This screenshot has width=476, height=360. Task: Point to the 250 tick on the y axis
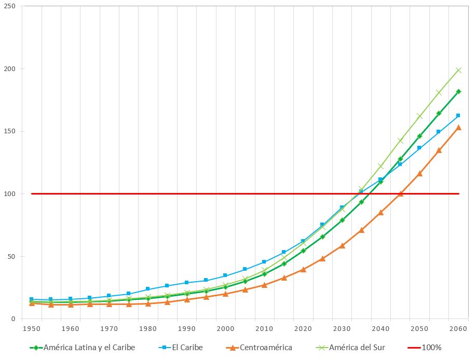9,6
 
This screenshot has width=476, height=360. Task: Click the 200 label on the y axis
9,69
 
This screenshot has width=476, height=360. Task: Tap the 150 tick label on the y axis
9,131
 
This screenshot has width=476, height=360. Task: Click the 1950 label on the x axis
32,328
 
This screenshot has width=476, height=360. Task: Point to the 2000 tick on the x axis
225,328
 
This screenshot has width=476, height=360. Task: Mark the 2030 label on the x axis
342,328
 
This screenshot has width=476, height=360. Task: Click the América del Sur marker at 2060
458,70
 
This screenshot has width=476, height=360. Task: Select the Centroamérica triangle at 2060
458,127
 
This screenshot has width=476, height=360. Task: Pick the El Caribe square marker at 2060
458,115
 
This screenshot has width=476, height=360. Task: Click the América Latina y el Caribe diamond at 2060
458,91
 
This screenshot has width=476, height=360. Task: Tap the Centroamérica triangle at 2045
400,193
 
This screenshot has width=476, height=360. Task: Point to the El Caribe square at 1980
148,289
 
